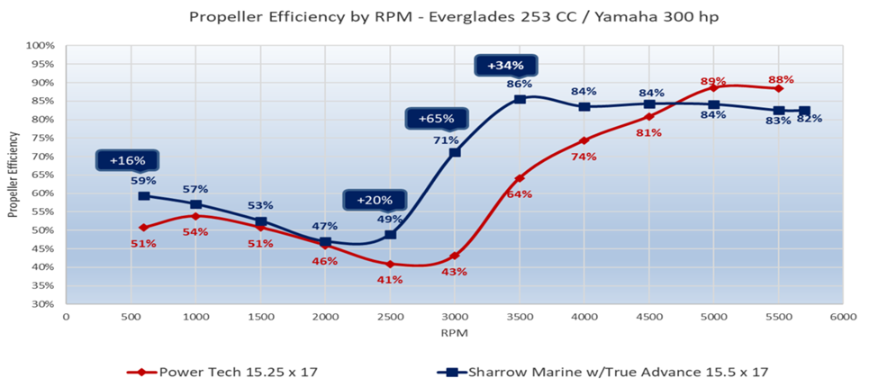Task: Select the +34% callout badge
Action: click(x=506, y=66)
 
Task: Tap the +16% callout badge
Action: click(x=127, y=161)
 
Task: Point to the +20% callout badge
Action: click(x=375, y=201)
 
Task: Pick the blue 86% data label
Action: click(x=520, y=84)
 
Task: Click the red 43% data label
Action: click(x=455, y=272)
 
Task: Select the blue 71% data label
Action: click(x=446, y=139)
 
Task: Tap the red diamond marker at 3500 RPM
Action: click(x=520, y=178)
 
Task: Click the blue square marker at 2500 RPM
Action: click(x=390, y=235)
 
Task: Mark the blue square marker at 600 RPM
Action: click(x=144, y=195)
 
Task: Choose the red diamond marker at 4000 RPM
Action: click(x=584, y=140)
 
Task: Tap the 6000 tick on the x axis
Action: click(x=843, y=318)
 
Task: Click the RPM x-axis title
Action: click(x=454, y=333)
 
